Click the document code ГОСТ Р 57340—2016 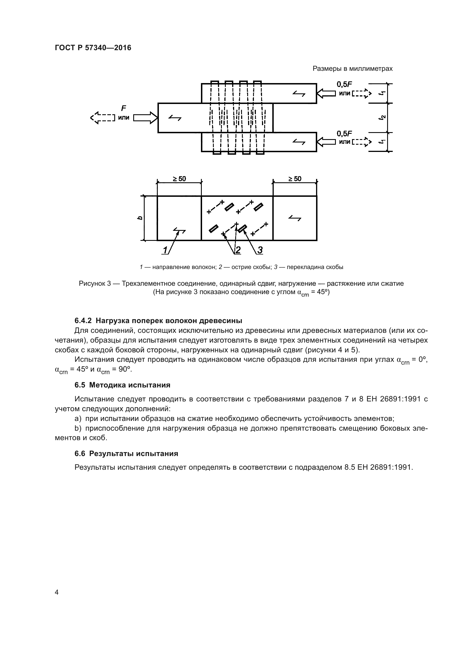(x=93, y=48)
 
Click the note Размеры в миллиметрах (x=353, y=69)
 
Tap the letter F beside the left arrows (x=123, y=108)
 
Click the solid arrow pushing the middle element (x=145, y=118)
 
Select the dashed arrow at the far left (x=102, y=118)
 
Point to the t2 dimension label (x=383, y=118)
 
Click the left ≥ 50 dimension (x=179, y=179)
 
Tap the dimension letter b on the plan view (x=140, y=218)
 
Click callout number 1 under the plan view (x=165, y=250)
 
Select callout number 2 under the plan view (x=238, y=250)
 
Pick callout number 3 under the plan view (x=260, y=250)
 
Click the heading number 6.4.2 (x=83, y=321)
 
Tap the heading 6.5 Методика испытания (x=122, y=385)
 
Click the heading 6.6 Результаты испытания (x=126, y=454)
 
